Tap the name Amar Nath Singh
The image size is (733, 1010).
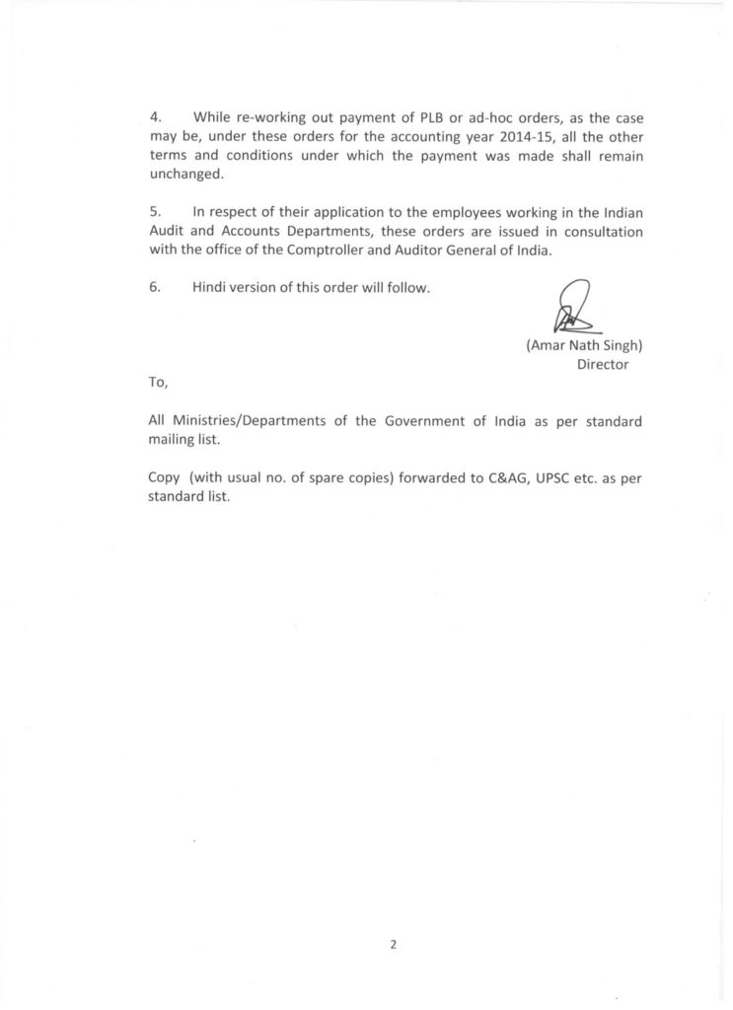tap(583, 346)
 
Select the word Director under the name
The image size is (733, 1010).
tap(603, 364)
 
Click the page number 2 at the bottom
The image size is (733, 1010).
tap(393, 944)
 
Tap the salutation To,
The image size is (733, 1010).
tap(158, 382)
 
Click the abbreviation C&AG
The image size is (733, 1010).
tap(490, 477)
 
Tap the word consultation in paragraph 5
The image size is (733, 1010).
tap(599, 232)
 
